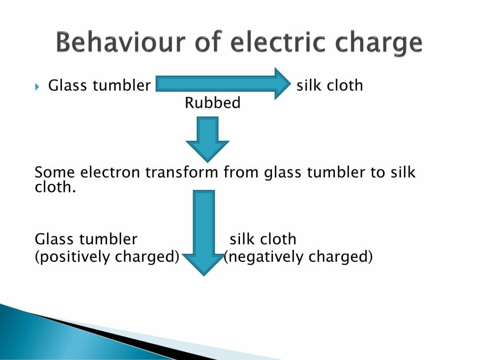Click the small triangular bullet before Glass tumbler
pyautogui.click(x=37, y=86)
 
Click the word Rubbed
pyautogui.click(x=212, y=102)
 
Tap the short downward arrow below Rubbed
pyautogui.click(x=207, y=140)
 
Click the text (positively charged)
pyautogui.click(x=107, y=257)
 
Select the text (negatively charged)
pyautogui.click(x=298, y=257)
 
